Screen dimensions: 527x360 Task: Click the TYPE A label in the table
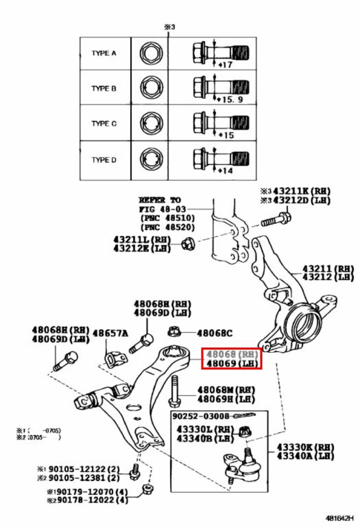click(103, 53)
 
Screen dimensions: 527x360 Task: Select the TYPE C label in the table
click(103, 124)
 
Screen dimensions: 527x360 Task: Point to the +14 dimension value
click(226, 171)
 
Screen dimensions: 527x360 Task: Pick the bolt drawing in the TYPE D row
click(221, 158)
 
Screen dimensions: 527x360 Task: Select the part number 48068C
click(215, 333)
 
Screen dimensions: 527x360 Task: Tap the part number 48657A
click(110, 333)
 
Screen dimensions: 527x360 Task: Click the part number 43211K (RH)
click(303, 191)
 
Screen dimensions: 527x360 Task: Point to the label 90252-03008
click(200, 417)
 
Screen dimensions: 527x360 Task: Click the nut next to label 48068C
click(175, 332)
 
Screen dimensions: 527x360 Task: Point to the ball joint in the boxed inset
click(245, 464)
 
